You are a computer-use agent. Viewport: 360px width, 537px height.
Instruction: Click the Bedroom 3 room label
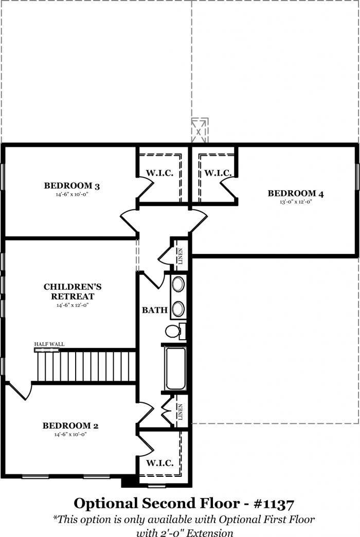pos(72,186)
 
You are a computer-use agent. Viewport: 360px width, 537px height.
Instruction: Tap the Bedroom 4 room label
pos(296,194)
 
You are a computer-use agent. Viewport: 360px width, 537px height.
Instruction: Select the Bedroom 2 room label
pos(70,425)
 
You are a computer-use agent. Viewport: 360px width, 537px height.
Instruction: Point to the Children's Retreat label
pos(73,291)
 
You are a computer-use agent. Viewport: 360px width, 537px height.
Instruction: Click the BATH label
pos(155,310)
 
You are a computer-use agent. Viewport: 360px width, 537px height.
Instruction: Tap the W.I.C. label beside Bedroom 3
pos(160,173)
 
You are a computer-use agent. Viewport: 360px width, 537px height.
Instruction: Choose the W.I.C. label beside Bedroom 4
pos(218,173)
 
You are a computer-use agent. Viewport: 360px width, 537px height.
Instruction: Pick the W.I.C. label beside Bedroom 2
pos(160,464)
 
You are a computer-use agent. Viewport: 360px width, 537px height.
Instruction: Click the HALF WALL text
pos(49,344)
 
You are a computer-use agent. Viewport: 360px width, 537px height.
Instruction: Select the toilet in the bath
pos(175,331)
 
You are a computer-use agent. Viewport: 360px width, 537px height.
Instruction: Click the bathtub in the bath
pos(175,368)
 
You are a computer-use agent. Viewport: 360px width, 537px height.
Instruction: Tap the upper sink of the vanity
pos(178,284)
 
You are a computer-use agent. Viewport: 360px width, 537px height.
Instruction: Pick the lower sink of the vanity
pos(178,309)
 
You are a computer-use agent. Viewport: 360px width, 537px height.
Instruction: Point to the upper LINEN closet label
pos(181,256)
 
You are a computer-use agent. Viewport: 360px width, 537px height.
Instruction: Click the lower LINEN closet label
pos(181,412)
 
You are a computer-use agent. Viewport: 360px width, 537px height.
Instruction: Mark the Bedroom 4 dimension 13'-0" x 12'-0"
pos(296,202)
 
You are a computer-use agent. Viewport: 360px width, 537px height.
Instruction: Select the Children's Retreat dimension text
pos(73,305)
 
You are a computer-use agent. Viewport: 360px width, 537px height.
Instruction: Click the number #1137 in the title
pos(274,504)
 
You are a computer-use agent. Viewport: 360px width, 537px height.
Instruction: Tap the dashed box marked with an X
pos(200,131)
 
